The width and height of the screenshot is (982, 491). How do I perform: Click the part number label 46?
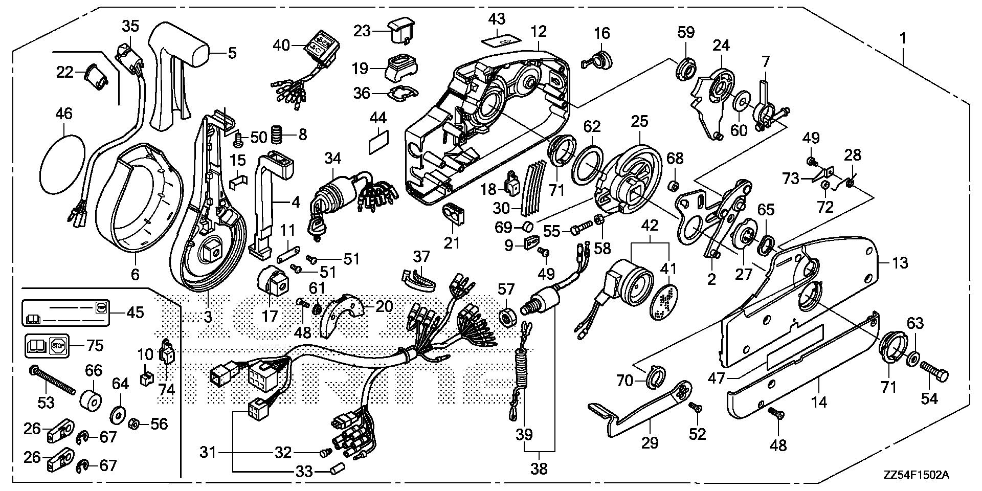coord(64,113)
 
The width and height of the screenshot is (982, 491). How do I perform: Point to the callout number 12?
coord(539,32)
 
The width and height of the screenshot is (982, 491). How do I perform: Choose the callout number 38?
coord(539,468)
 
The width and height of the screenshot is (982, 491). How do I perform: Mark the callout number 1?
coord(903,38)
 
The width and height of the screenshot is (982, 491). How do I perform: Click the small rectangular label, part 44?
coord(378,141)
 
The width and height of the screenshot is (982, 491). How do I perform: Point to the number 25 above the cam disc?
coord(639,121)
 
